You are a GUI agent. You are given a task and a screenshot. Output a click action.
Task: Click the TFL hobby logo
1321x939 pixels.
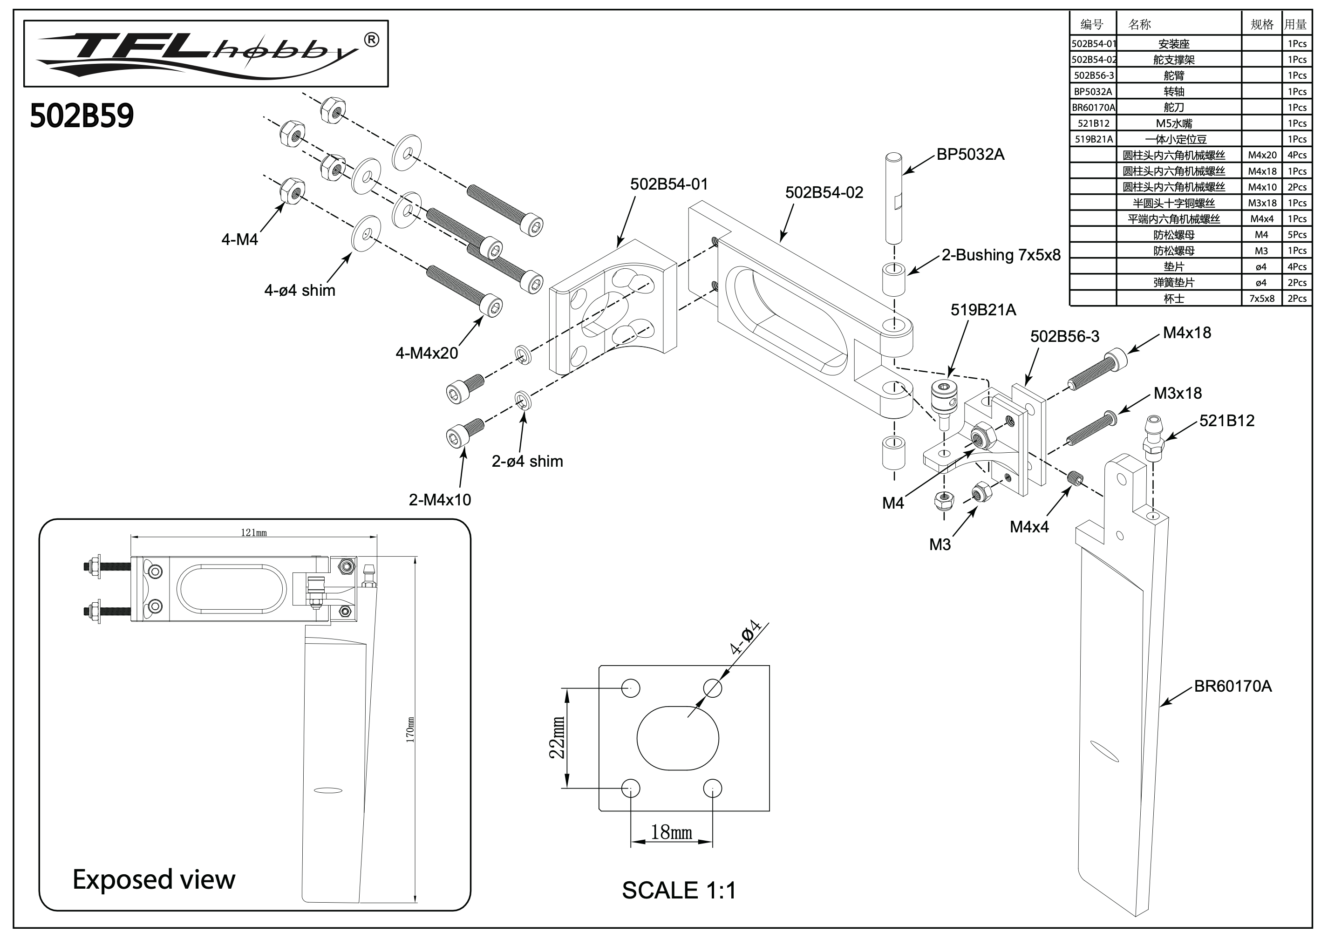[x=205, y=53]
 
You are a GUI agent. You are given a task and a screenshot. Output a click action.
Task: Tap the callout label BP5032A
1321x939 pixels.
[x=970, y=154]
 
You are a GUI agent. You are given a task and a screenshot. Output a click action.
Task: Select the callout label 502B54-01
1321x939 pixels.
[x=668, y=184]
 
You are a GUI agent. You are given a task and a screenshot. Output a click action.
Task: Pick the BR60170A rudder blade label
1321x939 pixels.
[x=1232, y=687]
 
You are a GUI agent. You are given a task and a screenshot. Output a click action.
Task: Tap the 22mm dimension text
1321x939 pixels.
[x=557, y=738]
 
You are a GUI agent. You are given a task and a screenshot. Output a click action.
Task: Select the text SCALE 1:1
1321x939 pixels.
[x=679, y=891]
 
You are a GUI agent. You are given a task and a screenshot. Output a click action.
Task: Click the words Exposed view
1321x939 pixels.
[x=154, y=879]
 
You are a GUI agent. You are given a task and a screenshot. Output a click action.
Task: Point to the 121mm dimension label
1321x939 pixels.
[x=254, y=532]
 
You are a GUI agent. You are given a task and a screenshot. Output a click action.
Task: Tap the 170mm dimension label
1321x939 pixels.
[x=410, y=730]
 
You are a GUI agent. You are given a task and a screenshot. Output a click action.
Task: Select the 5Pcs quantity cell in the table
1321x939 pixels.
[x=1297, y=235]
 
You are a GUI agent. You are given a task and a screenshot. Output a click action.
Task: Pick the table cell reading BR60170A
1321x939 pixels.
[x=1093, y=108]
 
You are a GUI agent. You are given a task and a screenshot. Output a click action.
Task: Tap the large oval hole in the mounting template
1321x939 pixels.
[x=678, y=738]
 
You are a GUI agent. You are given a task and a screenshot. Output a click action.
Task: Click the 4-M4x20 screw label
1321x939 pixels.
[x=427, y=353]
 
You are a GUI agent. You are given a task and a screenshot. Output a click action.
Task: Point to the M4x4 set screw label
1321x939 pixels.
[x=1029, y=527]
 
